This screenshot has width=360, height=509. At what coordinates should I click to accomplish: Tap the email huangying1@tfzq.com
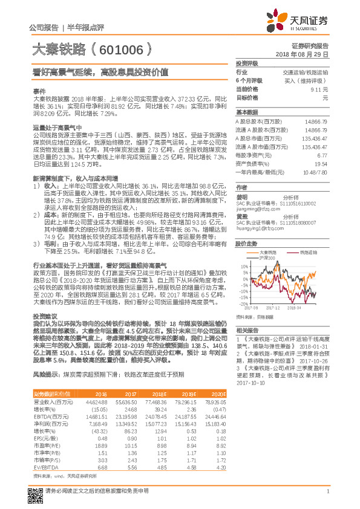[x=260, y=229]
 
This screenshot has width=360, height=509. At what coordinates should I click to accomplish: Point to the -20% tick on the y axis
[x=244, y=304]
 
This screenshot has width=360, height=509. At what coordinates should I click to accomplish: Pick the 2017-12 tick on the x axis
[x=272, y=308]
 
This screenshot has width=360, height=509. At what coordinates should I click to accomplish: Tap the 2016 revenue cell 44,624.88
[x=96, y=418]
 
